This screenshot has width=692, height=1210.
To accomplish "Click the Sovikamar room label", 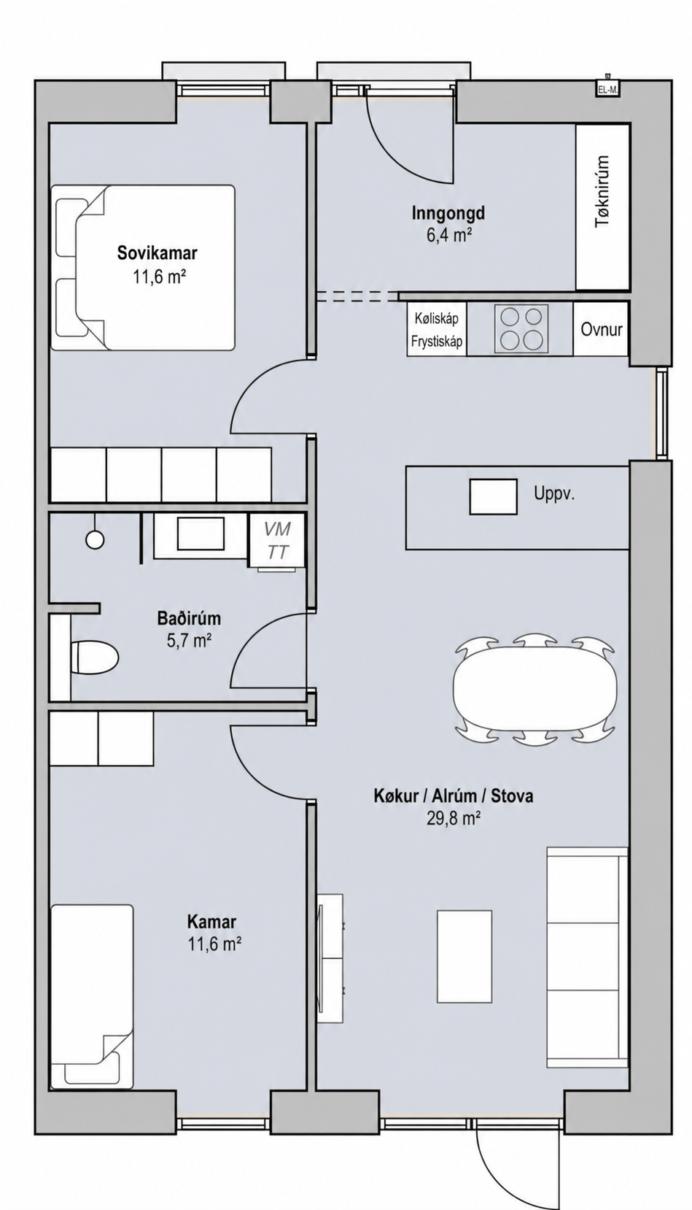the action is (x=158, y=253).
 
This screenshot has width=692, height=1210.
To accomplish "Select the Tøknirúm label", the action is (x=602, y=192).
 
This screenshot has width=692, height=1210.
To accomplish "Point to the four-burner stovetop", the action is (x=521, y=328).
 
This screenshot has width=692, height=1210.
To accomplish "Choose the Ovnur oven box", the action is (x=601, y=329).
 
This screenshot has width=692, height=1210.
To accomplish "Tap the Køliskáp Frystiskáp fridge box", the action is (x=437, y=329).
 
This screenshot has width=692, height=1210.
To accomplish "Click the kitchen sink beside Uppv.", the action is (x=493, y=496).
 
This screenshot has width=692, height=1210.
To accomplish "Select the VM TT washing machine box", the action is (x=277, y=540).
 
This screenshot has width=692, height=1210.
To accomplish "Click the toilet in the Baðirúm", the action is (x=95, y=657).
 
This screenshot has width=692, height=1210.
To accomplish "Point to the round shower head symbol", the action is (x=95, y=539).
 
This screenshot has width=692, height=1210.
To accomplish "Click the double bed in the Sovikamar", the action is (x=143, y=268).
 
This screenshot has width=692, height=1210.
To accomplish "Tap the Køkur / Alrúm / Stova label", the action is (x=454, y=795).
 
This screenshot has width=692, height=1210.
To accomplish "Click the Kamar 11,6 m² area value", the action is (x=214, y=944).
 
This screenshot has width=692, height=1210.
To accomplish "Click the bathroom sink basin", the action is (x=201, y=533).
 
